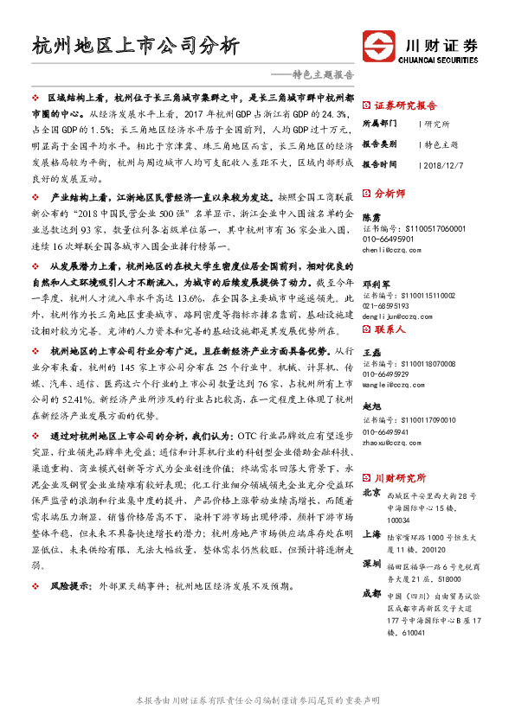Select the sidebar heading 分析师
(391, 194)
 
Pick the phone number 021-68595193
(386, 306)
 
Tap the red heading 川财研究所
(400, 476)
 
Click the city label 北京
(370, 492)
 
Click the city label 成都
(370, 594)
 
